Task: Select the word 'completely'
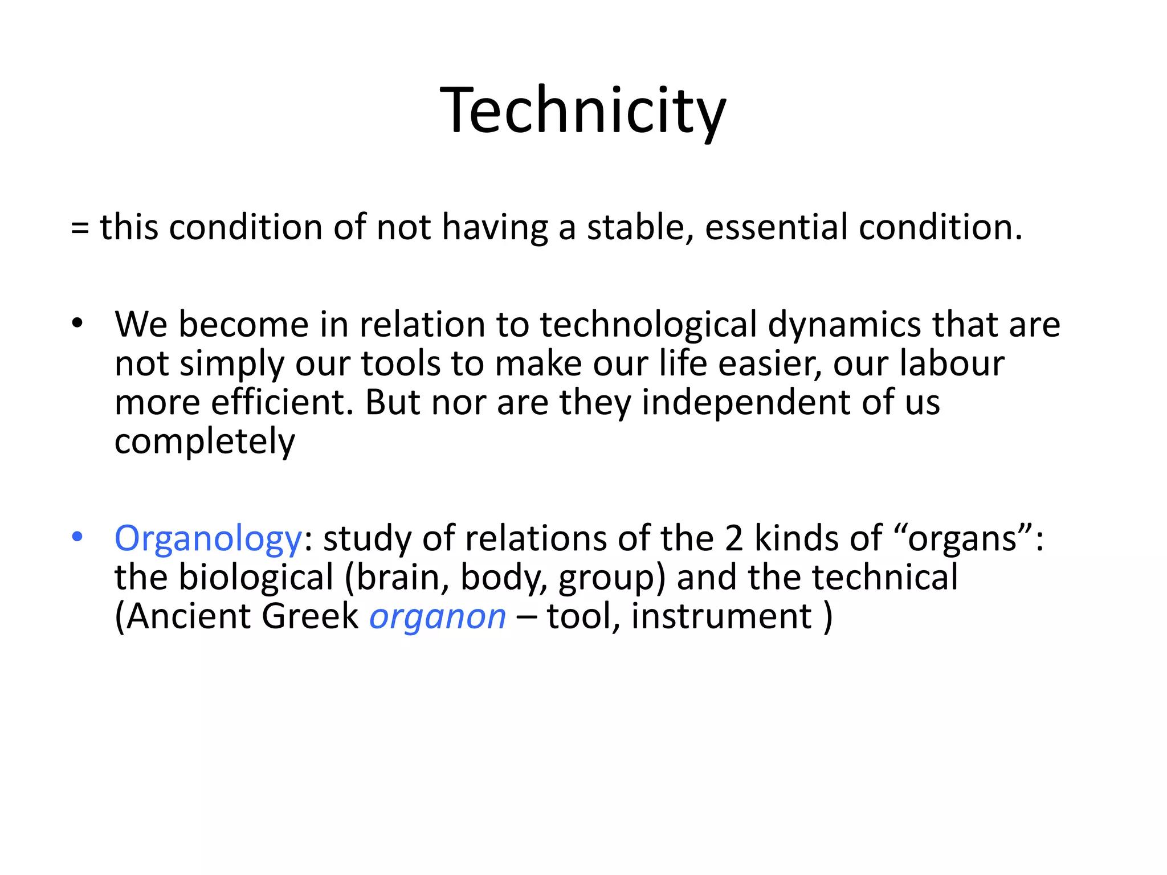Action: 205,441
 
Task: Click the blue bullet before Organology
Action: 77,537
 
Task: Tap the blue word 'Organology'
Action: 208,539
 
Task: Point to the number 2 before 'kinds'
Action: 734,538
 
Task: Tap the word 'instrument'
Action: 721,616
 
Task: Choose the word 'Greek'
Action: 310,616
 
